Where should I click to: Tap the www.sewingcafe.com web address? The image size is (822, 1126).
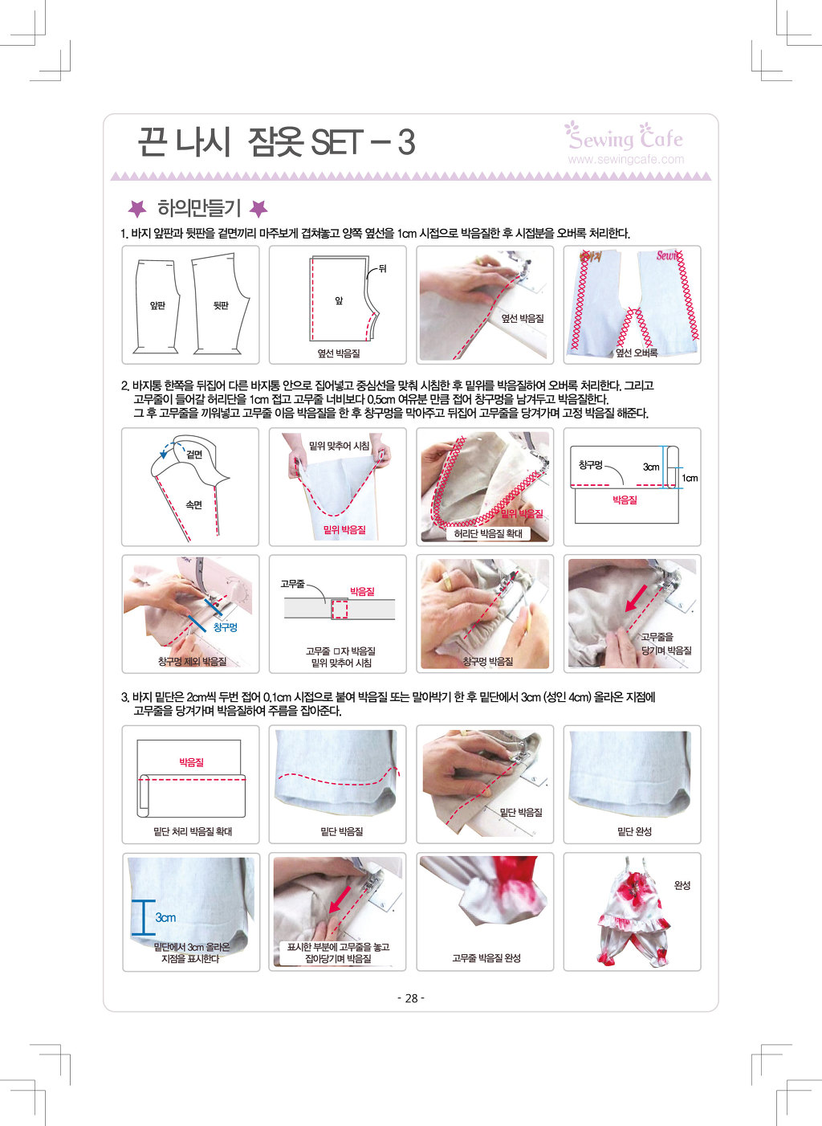click(626, 159)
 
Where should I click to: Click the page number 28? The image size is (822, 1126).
click(411, 997)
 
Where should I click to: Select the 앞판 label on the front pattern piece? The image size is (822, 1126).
click(157, 305)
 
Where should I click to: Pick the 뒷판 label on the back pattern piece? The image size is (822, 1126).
click(221, 305)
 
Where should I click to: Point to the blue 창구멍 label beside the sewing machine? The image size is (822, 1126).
click(225, 626)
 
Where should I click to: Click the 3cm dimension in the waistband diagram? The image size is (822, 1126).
click(651, 467)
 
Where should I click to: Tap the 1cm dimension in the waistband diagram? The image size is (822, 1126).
click(690, 478)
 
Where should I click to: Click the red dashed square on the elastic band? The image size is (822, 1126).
click(339, 610)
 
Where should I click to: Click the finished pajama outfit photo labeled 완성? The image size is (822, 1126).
click(632, 912)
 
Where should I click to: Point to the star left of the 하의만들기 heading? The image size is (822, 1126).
click(137, 208)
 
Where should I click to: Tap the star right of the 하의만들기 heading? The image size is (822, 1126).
click(258, 208)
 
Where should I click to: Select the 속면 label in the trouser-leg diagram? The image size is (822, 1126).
click(194, 504)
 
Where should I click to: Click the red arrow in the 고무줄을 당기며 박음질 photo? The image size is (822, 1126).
click(636, 598)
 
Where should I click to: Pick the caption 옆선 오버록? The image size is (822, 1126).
click(637, 353)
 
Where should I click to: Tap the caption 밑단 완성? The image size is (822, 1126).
click(634, 831)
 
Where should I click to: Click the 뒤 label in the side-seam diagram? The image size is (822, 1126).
click(382, 268)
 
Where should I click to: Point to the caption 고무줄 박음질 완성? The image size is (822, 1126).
click(486, 958)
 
